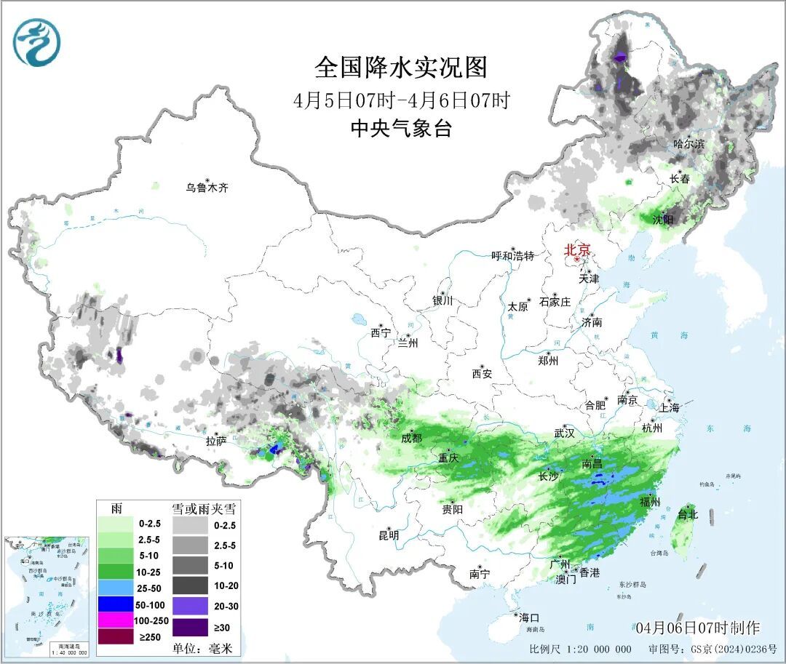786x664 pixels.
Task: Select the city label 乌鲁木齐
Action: [207, 188]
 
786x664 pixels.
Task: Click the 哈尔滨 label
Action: [688, 144]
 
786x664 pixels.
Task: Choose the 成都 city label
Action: [411, 438]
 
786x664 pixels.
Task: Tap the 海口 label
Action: [529, 617]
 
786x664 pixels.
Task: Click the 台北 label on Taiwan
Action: [688, 514]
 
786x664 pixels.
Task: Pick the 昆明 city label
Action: [389, 535]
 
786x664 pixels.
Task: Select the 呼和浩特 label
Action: [512, 256]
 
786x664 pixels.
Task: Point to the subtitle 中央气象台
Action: [401, 129]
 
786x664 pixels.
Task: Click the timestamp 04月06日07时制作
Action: [697, 628]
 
